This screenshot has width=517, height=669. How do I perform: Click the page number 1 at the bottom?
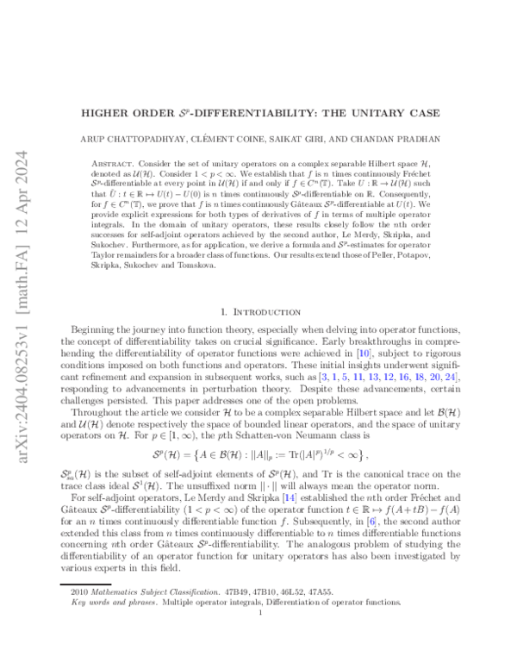258,637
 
